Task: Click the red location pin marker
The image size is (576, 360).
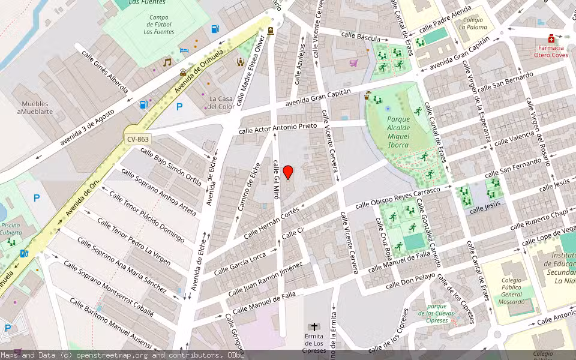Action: (x=288, y=172)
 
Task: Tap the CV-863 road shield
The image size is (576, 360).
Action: (x=137, y=139)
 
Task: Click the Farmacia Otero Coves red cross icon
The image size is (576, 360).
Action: (x=551, y=38)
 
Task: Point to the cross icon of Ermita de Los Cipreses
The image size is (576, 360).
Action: (x=314, y=328)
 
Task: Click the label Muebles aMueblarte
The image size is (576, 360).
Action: (x=35, y=107)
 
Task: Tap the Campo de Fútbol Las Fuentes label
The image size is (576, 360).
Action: (x=159, y=25)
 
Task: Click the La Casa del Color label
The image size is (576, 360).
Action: (x=221, y=103)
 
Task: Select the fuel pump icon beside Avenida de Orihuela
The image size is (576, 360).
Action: (x=143, y=104)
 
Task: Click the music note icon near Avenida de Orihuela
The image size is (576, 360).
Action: (x=167, y=62)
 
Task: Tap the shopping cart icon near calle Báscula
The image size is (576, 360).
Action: (x=354, y=62)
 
